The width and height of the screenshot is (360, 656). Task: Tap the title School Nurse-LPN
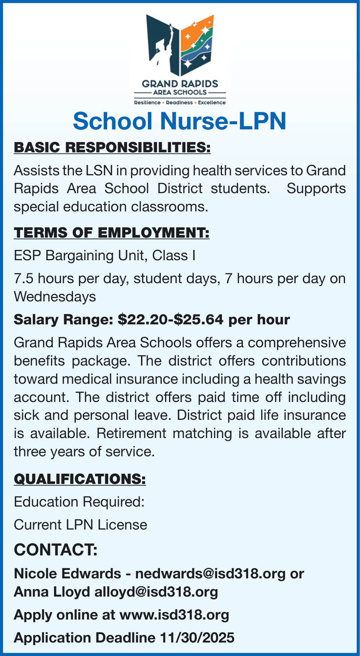pyautogui.click(x=180, y=121)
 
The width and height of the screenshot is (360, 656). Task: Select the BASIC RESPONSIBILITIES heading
pyautogui.click(x=112, y=148)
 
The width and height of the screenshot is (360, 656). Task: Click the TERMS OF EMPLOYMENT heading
pyautogui.click(x=111, y=233)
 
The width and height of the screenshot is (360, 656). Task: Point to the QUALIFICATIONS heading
pyautogui.click(x=80, y=479)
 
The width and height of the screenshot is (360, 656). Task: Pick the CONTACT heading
pyautogui.click(x=56, y=549)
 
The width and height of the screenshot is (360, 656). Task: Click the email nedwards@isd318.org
pyautogui.click(x=210, y=574)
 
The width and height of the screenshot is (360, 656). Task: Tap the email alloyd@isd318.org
pyautogui.click(x=156, y=591)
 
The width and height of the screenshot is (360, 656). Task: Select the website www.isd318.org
pyautogui.click(x=174, y=615)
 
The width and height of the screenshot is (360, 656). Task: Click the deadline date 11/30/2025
pyautogui.click(x=197, y=638)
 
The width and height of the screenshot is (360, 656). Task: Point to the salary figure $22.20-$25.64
pyautogui.click(x=171, y=320)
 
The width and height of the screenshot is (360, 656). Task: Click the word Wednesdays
pyautogui.click(x=55, y=297)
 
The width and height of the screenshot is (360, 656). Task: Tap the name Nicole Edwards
pyautogui.click(x=67, y=574)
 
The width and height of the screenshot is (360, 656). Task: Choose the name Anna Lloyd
pyautogui.click(x=52, y=591)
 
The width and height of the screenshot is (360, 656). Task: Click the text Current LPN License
pyautogui.click(x=81, y=525)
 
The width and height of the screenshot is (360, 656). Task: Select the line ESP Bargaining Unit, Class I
pyautogui.click(x=105, y=255)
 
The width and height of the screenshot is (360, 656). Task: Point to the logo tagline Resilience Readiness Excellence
pyautogui.click(x=180, y=103)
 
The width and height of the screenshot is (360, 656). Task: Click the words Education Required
pyautogui.click(x=79, y=502)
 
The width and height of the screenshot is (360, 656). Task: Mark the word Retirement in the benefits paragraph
pyautogui.click(x=131, y=434)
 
